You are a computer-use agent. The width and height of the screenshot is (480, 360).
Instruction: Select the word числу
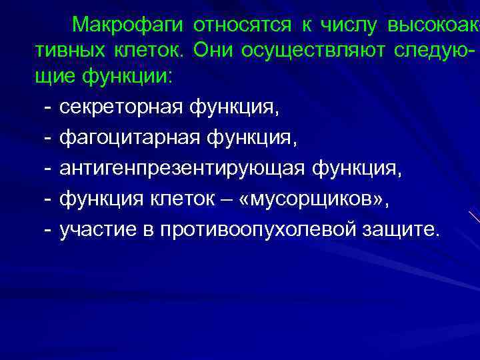coord(348,25)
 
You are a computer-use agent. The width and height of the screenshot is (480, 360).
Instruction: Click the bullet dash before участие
coord(47,230)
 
